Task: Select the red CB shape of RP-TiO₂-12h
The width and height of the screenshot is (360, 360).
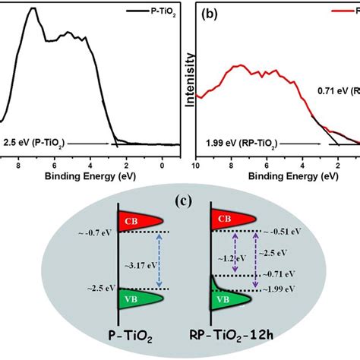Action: [x=232, y=219]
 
